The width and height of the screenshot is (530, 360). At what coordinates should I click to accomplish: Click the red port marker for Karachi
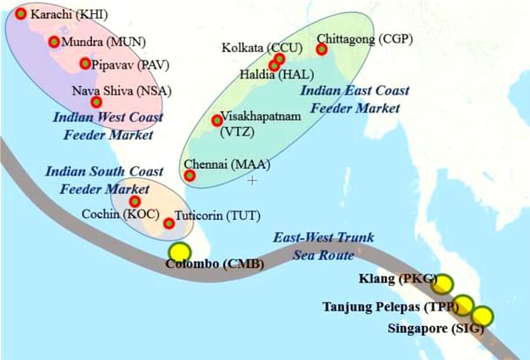point(21,14)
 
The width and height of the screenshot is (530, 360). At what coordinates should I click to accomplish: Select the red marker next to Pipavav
point(85,63)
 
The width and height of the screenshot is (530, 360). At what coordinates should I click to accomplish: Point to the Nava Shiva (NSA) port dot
point(71,102)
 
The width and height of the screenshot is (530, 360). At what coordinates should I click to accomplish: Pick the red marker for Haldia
point(274,65)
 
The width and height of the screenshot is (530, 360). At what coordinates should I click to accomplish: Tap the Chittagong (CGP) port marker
point(322,50)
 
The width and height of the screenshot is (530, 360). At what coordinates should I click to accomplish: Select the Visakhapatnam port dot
point(217,121)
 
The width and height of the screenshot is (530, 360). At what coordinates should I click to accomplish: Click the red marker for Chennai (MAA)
point(190,176)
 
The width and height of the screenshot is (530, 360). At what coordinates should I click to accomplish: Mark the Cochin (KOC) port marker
point(135,202)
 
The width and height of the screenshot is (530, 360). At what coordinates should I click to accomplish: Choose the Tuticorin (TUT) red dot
point(169,223)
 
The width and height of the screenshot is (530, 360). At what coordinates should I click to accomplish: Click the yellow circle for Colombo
point(180,253)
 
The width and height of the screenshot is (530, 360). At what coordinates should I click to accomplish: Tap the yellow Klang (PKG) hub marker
point(443,284)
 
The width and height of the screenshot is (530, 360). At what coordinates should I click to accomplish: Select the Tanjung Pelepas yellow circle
point(463,305)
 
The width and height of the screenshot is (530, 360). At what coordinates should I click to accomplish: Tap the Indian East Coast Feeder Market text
point(350,98)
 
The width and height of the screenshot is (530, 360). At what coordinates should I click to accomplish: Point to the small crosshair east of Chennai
point(252,180)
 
